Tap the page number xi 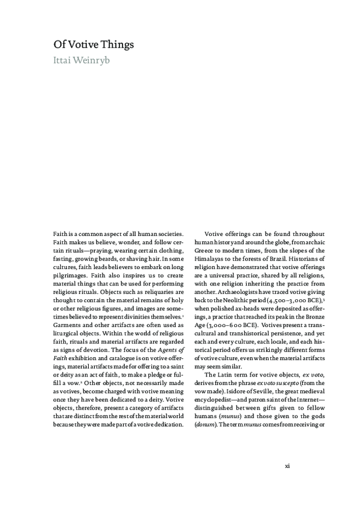click(x=288, y=465)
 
